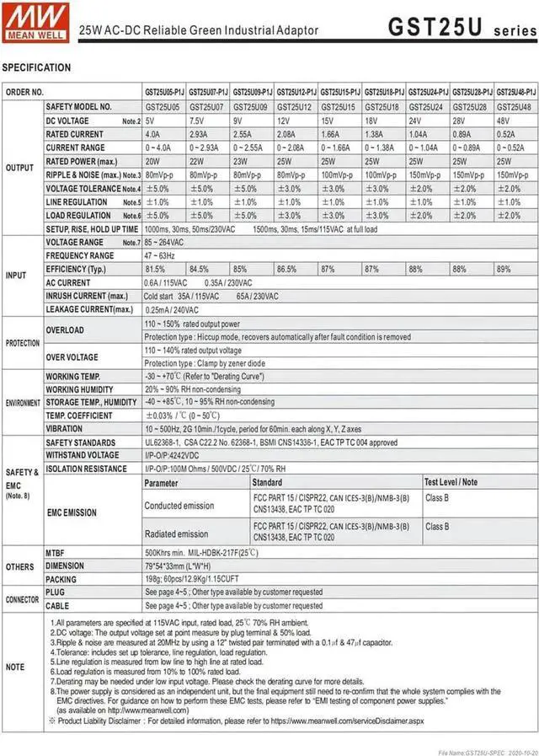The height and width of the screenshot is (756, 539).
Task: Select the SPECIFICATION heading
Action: tap(37, 67)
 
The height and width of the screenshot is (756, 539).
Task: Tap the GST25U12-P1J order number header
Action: tap(296, 91)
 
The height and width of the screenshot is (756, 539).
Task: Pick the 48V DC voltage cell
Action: tap(507, 121)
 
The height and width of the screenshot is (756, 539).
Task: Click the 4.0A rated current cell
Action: tap(152, 134)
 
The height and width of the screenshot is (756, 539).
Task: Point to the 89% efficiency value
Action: tap(504, 269)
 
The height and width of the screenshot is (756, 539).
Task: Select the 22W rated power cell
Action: tap(198, 161)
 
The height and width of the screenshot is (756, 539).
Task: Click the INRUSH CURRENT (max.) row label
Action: tap(88, 296)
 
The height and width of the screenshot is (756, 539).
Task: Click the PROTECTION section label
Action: tap(23, 344)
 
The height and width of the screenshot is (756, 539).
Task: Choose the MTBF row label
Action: tap(55, 553)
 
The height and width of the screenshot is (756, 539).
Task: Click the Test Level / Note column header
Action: tap(451, 482)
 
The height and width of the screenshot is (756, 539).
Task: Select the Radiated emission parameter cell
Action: tap(176, 533)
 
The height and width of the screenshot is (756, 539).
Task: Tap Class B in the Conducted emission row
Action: tap(437, 498)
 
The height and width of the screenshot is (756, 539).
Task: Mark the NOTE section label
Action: tap(16, 667)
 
